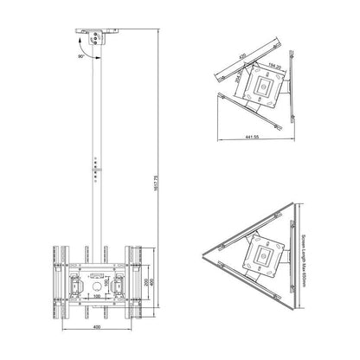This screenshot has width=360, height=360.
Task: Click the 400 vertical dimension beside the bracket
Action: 154,275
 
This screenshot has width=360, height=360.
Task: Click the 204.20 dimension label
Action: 238,82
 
